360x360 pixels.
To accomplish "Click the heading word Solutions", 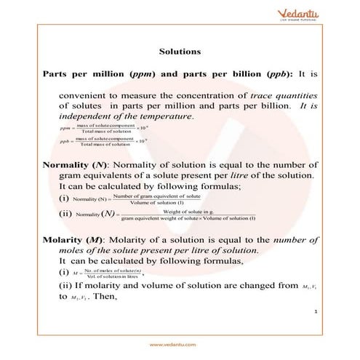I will pos(180,52).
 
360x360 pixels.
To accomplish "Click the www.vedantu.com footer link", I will pos(180,344).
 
